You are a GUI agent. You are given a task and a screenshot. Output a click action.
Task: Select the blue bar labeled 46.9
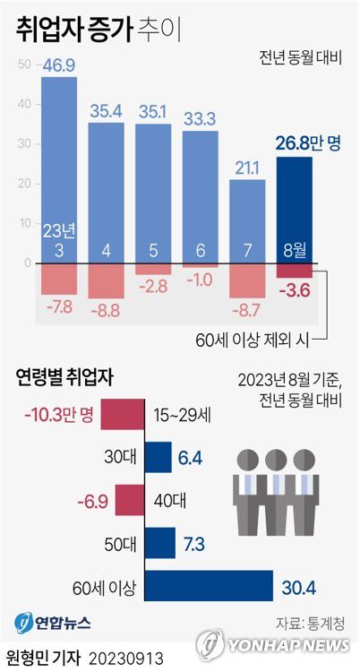(59, 170)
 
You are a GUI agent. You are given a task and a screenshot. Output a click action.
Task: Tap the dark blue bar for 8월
(295, 210)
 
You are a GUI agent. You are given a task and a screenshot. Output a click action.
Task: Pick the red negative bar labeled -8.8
(107, 281)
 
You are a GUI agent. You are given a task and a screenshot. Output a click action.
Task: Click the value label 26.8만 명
(307, 142)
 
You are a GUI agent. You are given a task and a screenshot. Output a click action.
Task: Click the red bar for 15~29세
(122, 416)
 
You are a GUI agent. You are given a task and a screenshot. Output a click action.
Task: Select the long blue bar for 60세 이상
(208, 586)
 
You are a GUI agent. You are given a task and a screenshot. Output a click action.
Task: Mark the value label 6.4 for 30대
(191, 459)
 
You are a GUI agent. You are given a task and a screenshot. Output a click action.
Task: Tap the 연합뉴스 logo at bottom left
(52, 621)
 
